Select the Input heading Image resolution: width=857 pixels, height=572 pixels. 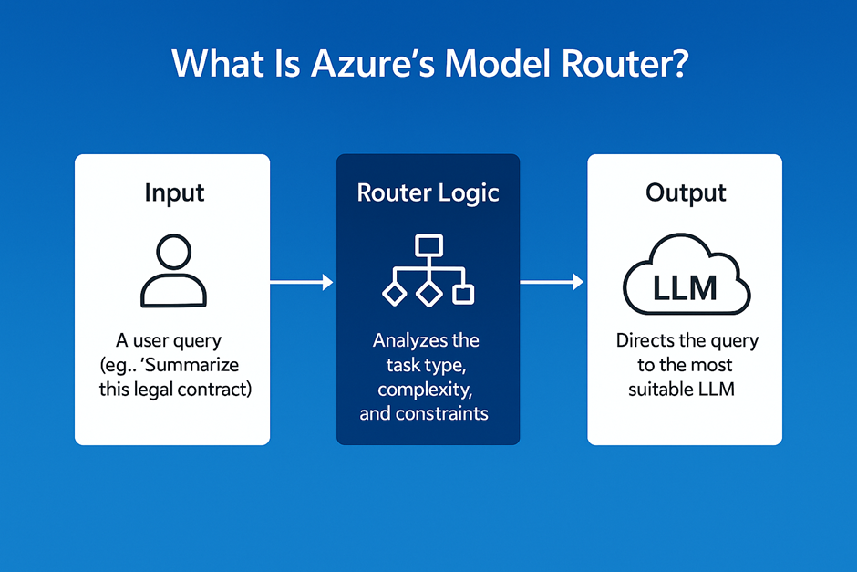coord(174,192)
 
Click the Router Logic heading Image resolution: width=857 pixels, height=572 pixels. coord(428,192)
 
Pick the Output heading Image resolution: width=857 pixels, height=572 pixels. coord(686,192)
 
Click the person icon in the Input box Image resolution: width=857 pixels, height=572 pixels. coord(174,271)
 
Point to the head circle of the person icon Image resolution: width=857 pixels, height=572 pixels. coord(174,251)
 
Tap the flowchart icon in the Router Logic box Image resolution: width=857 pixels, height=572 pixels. coord(428,271)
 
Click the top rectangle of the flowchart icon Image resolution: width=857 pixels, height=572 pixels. coord(428,244)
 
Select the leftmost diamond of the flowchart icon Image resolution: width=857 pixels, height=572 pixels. coord(394,294)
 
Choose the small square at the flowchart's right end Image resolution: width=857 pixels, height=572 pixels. coord(463,294)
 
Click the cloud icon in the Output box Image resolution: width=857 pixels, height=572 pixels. coord(686,278)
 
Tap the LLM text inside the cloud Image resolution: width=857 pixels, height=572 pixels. coord(686,288)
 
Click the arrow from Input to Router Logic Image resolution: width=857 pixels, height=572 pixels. coord(302,284)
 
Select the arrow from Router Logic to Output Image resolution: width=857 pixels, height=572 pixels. coord(552,284)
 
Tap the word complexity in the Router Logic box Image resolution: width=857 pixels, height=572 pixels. coord(426,389)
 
